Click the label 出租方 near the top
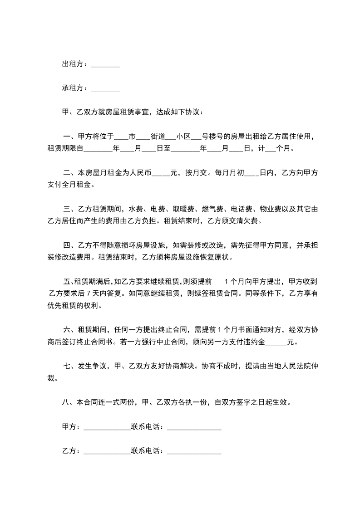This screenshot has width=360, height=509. [73, 64]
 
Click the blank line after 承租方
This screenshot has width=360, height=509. [105, 88]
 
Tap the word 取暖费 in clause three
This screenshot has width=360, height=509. [182, 209]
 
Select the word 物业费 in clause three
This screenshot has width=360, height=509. [270, 209]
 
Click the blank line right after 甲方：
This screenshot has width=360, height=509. [107, 427]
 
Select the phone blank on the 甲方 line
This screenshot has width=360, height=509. [194, 427]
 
